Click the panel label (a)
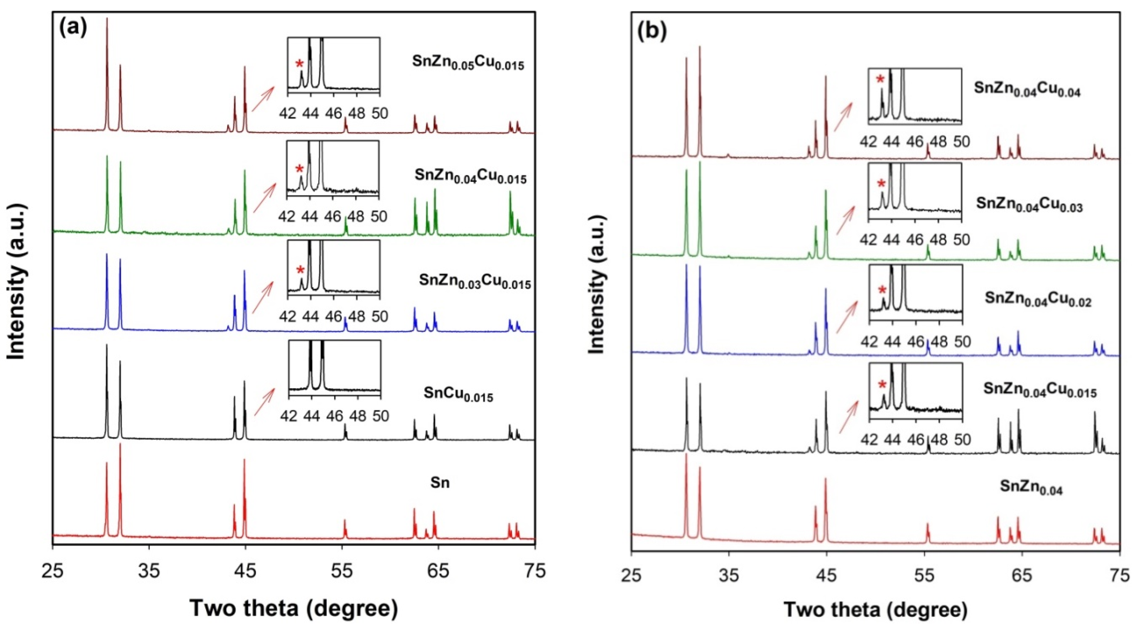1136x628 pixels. click(73, 29)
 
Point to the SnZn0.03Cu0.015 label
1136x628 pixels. click(475, 281)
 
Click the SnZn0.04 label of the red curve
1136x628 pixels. click(1031, 499)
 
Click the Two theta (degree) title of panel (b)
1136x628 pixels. click(875, 610)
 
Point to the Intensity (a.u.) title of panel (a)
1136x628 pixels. click(17, 282)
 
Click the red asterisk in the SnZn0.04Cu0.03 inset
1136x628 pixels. click(881, 184)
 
